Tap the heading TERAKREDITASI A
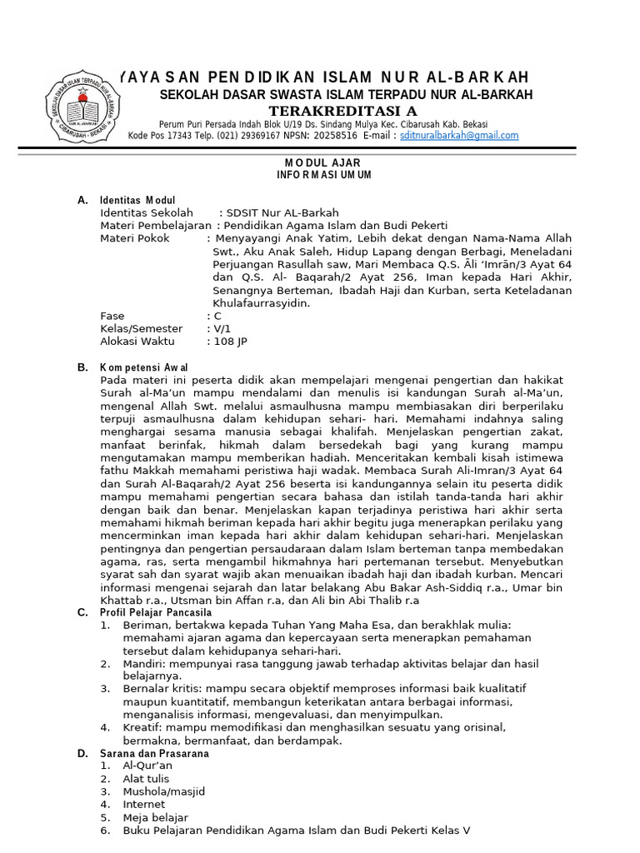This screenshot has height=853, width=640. [342, 112]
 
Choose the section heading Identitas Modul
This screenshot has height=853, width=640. [137, 200]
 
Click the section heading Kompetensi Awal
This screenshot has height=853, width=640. [143, 367]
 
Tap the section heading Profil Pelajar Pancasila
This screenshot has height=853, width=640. [158, 612]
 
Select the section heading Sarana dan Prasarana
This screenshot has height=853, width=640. [154, 753]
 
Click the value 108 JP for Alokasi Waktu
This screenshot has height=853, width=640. [231, 342]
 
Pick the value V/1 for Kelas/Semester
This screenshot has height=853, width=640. [222, 328]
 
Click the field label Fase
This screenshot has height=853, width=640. [112, 316]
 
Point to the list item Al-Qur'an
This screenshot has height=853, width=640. [147, 766]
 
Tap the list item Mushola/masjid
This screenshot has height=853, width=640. [163, 791]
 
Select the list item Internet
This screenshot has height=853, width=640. [144, 805]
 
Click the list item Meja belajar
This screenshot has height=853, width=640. [155, 818]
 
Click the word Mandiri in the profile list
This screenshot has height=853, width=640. [142, 664]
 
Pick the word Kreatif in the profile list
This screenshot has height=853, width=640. [141, 727]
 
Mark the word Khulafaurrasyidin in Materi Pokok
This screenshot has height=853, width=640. [261, 303]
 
